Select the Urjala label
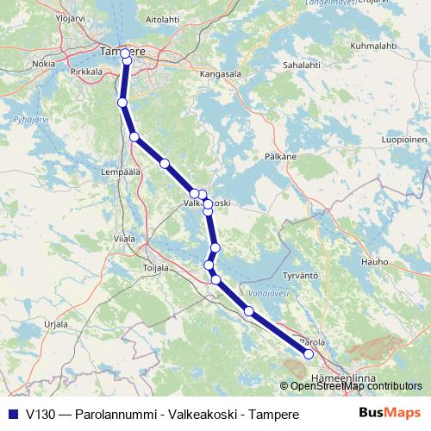tap(56, 323)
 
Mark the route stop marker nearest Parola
tap(309, 353)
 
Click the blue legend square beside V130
tap(13, 414)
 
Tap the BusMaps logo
tap(390, 413)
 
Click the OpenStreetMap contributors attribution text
tap(355, 386)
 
